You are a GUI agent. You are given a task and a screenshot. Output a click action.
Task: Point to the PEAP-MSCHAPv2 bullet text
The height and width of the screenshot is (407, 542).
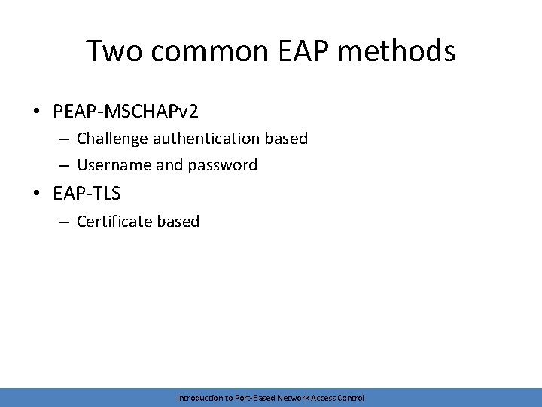tap(126, 112)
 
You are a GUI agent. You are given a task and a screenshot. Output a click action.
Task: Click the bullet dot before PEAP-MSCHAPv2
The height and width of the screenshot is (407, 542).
tap(36, 112)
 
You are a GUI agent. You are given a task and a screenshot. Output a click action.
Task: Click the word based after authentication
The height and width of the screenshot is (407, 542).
tap(286, 139)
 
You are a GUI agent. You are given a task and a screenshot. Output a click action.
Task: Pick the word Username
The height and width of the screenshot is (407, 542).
tap(114, 164)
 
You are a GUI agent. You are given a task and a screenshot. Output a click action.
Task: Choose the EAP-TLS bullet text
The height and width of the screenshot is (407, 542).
tap(87, 194)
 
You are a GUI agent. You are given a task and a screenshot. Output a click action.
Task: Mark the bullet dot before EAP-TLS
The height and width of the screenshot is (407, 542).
tap(36, 194)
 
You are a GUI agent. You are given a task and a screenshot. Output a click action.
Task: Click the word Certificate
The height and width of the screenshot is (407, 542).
tap(115, 222)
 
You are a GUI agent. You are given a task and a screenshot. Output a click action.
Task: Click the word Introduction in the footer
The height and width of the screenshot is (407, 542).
tap(199, 397)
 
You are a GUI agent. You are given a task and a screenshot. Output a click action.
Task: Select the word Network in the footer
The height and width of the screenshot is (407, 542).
tap(296, 397)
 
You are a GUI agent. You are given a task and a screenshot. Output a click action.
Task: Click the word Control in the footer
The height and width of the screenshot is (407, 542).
tap(351, 397)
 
